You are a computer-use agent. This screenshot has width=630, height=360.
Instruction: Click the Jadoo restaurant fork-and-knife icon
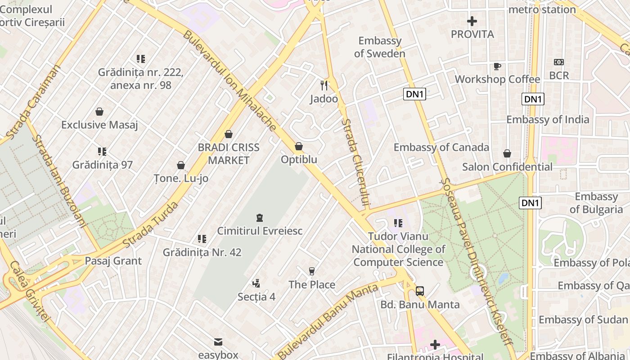pyautogui.click(x=324, y=85)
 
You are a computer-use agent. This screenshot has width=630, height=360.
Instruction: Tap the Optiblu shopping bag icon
pyautogui.click(x=298, y=147)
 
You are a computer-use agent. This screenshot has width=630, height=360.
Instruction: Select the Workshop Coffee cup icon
pyautogui.click(x=497, y=66)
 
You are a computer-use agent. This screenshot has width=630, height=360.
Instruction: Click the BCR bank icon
pyautogui.click(x=559, y=62)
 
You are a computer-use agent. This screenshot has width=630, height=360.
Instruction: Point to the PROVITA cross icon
pyautogui.click(x=472, y=21)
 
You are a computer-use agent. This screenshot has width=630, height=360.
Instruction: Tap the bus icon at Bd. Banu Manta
pyautogui.click(x=420, y=291)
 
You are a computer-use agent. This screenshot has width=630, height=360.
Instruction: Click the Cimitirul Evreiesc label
pyautogui.click(x=260, y=231)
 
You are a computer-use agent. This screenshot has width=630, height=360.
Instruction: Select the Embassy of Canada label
pyautogui.click(x=441, y=147)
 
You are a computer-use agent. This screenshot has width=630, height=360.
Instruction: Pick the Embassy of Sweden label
pyautogui.click(x=379, y=47)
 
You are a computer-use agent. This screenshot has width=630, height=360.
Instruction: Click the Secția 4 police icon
pyautogui.click(x=256, y=283)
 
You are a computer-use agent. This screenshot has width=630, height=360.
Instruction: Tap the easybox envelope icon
pyautogui.click(x=218, y=342)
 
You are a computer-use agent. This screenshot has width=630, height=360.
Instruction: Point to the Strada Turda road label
pyautogui.click(x=151, y=225)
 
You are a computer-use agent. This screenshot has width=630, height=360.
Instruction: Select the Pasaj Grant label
pyautogui.click(x=113, y=261)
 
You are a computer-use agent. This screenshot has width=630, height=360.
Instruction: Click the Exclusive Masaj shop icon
pyautogui.click(x=99, y=112)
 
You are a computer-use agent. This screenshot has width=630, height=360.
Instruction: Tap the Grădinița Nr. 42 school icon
pyautogui.click(x=202, y=238)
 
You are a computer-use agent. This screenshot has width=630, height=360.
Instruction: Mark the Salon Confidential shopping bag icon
pyautogui.click(x=507, y=153)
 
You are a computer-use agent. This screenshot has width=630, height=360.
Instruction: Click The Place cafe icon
pyautogui.click(x=311, y=271)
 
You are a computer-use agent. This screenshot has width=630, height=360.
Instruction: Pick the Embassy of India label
pyautogui.click(x=548, y=119)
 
